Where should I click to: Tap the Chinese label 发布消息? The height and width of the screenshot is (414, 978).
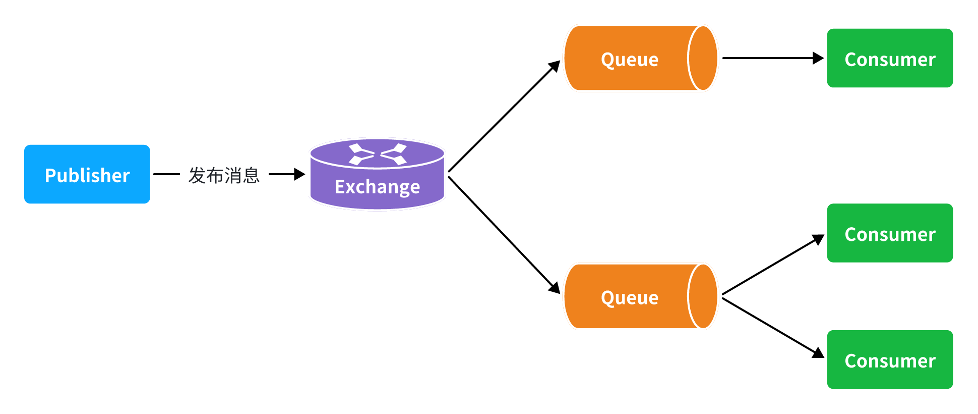(224, 175)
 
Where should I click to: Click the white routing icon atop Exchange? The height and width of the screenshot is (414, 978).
(378, 154)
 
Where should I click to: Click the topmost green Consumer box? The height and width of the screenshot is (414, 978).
(890, 58)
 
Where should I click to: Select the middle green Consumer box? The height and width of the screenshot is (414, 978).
(890, 233)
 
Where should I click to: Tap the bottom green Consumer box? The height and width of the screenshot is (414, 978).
(890, 359)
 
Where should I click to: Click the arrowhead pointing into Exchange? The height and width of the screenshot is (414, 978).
(299, 174)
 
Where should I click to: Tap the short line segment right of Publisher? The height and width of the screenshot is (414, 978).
(166, 174)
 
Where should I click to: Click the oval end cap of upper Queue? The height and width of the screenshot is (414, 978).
(702, 58)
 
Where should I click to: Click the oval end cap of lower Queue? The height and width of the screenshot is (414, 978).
(702, 296)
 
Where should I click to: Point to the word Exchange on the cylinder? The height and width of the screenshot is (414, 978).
(377, 187)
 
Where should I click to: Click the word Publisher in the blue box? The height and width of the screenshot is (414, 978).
(87, 176)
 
